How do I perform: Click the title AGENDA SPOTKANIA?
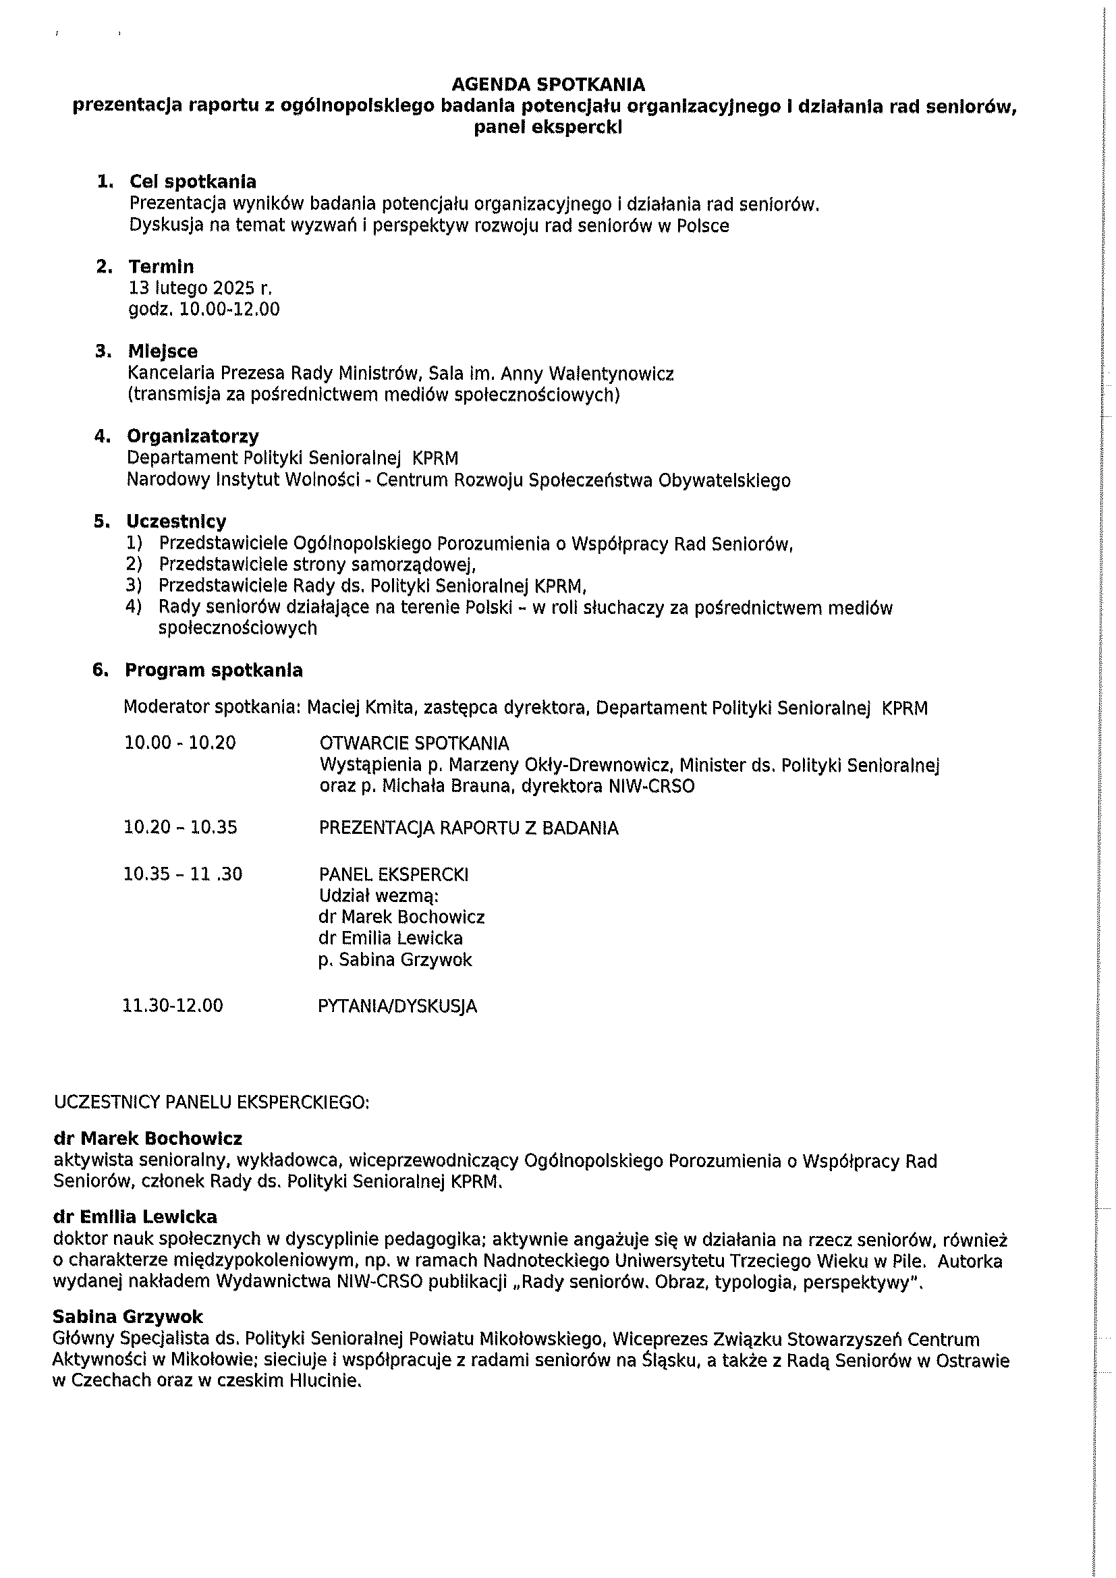click(548, 84)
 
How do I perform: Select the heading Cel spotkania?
click(192, 182)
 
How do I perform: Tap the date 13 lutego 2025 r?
click(200, 288)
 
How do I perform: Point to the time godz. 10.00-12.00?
click(204, 309)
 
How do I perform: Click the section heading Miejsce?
click(163, 352)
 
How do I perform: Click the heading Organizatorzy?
click(192, 436)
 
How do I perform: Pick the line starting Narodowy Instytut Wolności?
click(458, 480)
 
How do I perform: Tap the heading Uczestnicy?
click(176, 522)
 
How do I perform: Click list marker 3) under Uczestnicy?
click(134, 586)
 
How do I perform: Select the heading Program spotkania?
click(214, 670)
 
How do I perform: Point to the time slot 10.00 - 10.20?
click(180, 743)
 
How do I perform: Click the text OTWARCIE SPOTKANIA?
click(414, 743)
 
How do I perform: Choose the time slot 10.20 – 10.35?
click(181, 827)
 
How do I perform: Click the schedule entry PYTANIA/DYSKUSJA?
click(397, 1006)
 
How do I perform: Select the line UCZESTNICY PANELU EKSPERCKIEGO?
click(212, 1102)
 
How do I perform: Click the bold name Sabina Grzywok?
click(128, 1317)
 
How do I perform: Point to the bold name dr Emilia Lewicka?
click(136, 1217)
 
